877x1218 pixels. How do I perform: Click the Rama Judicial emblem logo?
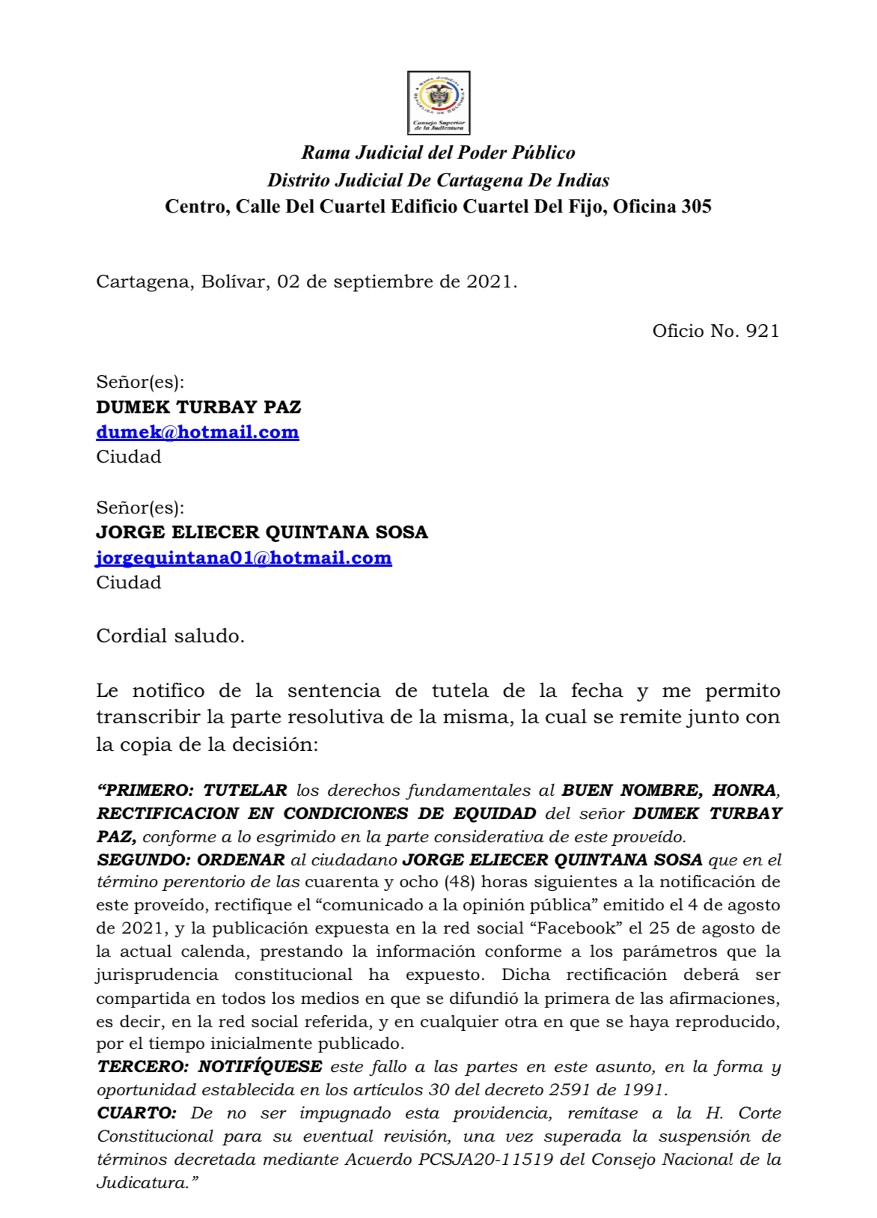point(438,103)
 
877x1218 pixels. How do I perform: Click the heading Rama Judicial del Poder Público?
point(438,153)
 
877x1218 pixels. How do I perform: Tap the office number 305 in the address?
point(696,207)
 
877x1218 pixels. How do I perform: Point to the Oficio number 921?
point(763,331)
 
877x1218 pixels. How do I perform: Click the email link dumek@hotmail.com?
point(198,432)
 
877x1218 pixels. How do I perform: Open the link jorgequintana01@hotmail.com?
point(244,558)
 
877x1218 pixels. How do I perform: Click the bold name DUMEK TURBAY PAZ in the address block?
point(198,407)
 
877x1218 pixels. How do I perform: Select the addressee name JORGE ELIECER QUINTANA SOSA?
point(262,532)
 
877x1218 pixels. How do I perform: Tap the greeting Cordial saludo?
point(171,636)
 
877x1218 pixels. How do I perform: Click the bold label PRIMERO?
point(147,791)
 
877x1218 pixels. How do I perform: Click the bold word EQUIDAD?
point(495,814)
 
